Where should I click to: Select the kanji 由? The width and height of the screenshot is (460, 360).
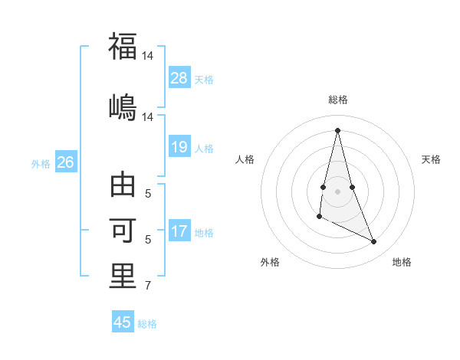123,187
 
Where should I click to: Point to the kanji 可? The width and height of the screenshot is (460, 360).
123,231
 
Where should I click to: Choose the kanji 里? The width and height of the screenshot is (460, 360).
123,277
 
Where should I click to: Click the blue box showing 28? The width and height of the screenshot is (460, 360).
179,77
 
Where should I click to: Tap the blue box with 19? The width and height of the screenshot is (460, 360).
179,147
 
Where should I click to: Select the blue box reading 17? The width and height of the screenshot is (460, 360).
179,231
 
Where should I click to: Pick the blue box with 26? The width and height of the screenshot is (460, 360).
65,162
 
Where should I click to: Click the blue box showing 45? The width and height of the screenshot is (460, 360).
123,322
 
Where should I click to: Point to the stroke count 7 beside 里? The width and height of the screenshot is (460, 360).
148,286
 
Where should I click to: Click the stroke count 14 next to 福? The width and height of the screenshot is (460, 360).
149,56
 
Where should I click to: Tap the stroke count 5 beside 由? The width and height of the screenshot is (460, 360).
148,194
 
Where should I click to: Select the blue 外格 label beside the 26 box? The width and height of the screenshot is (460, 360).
41,163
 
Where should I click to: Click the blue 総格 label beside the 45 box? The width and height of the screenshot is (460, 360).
147,323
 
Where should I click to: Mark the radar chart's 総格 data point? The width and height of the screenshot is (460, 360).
337,129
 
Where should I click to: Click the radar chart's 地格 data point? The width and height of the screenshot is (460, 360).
374,242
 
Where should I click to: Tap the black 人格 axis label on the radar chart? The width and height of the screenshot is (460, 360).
245,159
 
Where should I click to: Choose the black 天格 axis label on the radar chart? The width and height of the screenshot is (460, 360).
431,159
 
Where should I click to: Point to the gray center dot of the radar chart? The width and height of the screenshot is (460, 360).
337,191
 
